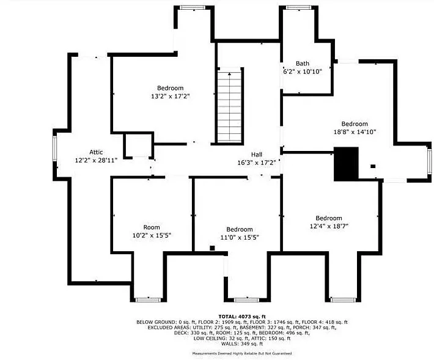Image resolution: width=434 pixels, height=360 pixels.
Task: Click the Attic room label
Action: (96, 152)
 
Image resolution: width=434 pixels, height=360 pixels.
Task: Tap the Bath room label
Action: (302, 64)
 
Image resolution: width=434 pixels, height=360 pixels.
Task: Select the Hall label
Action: (257, 155)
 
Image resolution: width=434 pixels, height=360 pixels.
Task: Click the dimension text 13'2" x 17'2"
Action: (170, 97)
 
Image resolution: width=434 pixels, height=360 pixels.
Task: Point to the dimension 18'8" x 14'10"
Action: (355, 132)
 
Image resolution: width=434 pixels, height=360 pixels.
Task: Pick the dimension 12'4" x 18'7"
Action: (329, 226)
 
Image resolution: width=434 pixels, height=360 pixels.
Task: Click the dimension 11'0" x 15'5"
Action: (240, 237)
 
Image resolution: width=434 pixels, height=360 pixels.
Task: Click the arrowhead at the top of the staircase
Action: (229, 73)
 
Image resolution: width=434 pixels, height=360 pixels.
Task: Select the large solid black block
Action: (346, 164)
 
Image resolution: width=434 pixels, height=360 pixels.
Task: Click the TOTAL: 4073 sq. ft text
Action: (242, 317)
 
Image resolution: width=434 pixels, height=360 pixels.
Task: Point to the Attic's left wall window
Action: (54, 149)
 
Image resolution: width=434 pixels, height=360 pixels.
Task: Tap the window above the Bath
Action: (298, 7)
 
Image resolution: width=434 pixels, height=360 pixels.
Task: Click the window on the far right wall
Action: (429, 162)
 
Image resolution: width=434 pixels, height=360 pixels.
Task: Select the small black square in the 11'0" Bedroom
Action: (212, 248)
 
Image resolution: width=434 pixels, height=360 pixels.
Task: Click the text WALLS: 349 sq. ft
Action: (242, 344)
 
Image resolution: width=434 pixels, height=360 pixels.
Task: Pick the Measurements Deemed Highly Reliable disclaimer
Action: (242, 354)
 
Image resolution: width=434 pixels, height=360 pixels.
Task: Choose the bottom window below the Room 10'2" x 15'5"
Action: (148, 300)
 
